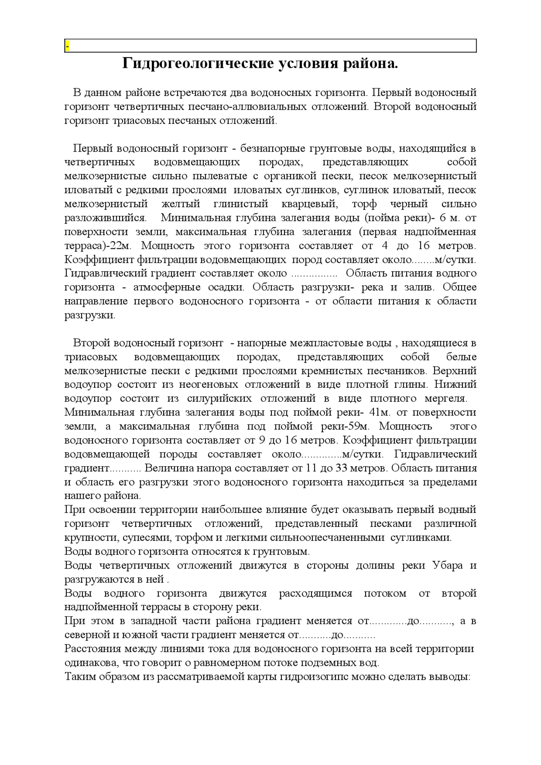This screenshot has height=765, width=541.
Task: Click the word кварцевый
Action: pos(310,204)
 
